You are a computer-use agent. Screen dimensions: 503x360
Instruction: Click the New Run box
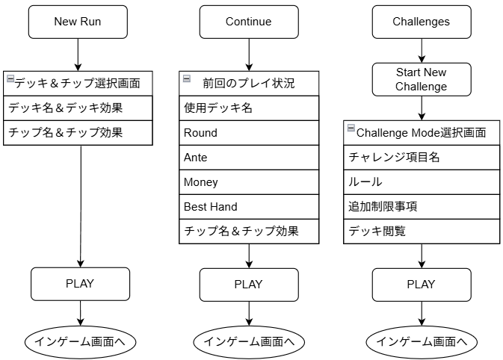click(78, 22)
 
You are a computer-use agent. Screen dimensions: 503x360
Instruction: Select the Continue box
click(249, 22)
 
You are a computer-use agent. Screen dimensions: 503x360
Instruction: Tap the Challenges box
click(422, 22)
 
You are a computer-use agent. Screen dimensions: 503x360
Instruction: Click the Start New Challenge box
click(422, 79)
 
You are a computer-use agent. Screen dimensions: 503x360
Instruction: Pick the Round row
click(249, 133)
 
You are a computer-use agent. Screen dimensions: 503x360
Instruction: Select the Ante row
click(249, 158)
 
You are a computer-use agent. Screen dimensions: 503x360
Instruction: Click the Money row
click(249, 182)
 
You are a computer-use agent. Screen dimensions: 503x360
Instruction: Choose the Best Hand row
click(249, 207)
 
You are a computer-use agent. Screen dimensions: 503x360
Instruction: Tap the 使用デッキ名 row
click(249, 108)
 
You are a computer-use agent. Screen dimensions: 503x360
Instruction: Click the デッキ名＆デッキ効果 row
click(78, 108)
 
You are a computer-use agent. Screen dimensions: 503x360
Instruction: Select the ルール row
click(422, 182)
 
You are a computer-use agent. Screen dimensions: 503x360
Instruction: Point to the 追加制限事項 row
click(422, 207)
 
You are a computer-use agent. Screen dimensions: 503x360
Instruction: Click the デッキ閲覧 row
click(422, 232)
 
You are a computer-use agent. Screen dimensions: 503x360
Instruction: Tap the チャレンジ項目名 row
click(422, 158)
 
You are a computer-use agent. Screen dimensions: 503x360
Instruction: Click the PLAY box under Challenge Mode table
click(422, 285)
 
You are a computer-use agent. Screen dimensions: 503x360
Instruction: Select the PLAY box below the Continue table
click(249, 285)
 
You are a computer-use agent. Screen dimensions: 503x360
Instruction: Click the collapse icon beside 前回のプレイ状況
click(187, 78)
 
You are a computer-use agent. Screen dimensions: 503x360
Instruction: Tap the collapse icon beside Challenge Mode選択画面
click(351, 128)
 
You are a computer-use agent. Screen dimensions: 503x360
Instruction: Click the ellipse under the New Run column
click(80, 342)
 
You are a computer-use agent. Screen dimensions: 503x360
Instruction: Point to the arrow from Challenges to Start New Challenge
click(422, 51)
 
